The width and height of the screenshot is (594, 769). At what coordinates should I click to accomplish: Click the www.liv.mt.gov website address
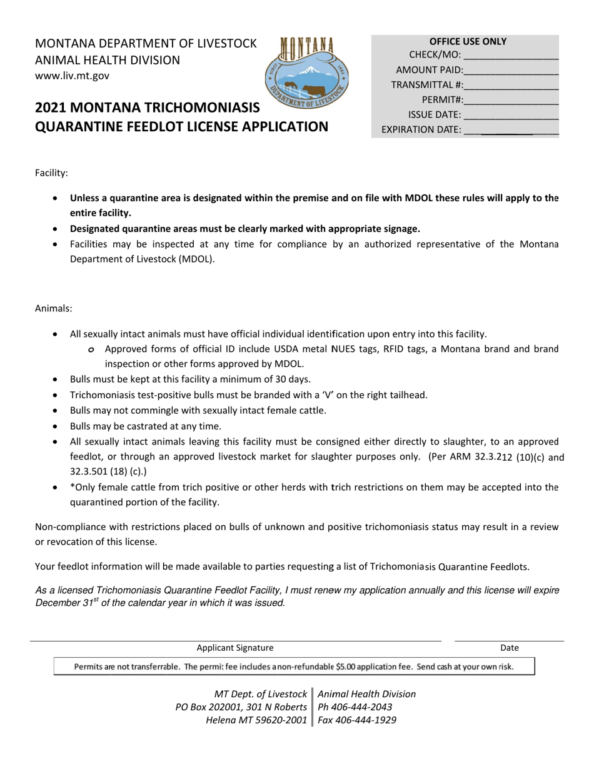tap(72, 76)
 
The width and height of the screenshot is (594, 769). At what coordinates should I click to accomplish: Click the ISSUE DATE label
tap(435, 115)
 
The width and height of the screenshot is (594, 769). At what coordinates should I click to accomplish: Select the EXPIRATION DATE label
tap(421, 130)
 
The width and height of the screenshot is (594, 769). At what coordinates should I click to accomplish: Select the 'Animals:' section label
tap(53, 308)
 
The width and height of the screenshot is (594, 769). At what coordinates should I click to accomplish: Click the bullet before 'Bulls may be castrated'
tap(57, 427)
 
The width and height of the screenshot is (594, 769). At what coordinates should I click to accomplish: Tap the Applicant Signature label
tap(235, 648)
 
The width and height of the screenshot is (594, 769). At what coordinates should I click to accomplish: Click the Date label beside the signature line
tap(509, 648)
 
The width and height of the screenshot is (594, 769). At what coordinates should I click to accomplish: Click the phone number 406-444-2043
tap(364, 707)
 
